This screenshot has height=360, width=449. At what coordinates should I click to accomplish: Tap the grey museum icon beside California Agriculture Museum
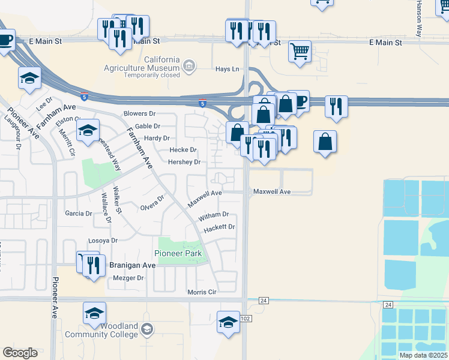coord(189,65)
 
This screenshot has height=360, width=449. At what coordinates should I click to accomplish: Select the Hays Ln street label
coord(227,70)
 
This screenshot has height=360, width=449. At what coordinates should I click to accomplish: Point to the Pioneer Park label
coord(178,253)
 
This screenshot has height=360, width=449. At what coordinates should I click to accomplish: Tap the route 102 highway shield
coord(246,319)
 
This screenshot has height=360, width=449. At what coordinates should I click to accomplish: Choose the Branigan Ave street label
coord(132,265)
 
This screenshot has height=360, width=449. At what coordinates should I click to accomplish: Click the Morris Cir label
coord(201,292)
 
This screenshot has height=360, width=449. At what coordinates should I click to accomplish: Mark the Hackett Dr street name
coord(218,227)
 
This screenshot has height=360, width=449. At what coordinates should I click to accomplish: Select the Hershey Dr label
coord(184,162)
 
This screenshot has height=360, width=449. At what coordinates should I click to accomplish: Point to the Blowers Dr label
coord(139,113)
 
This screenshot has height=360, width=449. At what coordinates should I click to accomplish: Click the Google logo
coord(20,353)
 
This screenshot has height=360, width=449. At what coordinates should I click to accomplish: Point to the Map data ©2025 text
coord(423,355)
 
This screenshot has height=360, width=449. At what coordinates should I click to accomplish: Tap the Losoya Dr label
coord(103,240)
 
